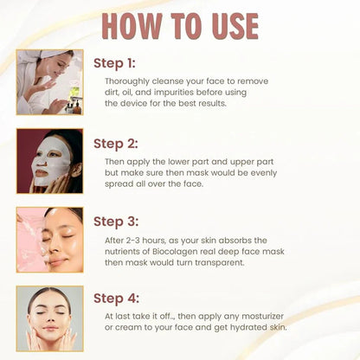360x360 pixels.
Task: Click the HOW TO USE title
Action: click(x=180, y=26)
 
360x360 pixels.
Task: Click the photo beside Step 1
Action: click(x=49, y=82)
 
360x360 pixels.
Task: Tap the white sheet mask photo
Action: click(x=49, y=161)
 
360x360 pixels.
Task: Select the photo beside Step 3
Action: click(x=49, y=240)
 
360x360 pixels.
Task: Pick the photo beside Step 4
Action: click(x=49, y=318)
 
